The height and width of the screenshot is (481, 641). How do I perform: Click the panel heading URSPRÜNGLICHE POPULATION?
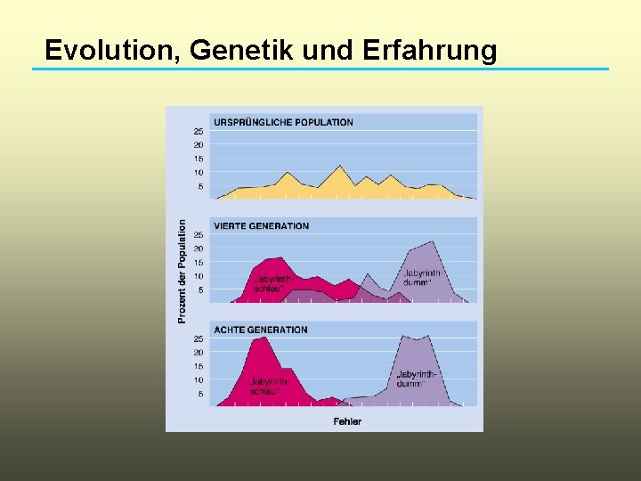pos(283,122)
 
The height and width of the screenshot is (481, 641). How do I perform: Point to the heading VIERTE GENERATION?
pos(261,226)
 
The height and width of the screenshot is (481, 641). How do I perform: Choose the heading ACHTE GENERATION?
pos(260,330)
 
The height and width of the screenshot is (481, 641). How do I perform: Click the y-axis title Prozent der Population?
pos(182,272)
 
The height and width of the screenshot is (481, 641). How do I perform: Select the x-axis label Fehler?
pos(347,421)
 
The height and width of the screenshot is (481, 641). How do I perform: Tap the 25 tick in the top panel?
pos(199,131)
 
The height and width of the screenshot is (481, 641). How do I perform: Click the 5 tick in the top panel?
pos(200,186)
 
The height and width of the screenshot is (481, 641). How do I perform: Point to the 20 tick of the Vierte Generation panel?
pos(199,249)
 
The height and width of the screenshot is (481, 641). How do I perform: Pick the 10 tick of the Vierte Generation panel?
pos(199,276)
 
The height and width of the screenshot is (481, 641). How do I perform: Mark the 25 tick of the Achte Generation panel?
pos(199,338)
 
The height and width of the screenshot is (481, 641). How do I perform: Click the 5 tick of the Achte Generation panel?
pos(200,394)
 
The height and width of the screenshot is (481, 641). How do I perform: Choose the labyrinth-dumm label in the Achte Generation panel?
pos(416,379)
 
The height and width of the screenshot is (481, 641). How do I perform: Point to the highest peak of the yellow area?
pos(338,167)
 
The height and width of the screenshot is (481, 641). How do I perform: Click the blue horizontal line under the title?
pos(320,69)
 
